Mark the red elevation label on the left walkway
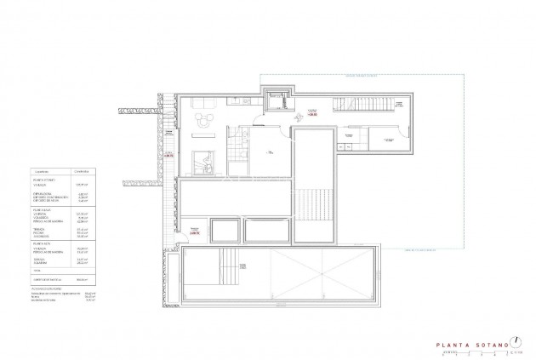pyautogui.click(x=169, y=156)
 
